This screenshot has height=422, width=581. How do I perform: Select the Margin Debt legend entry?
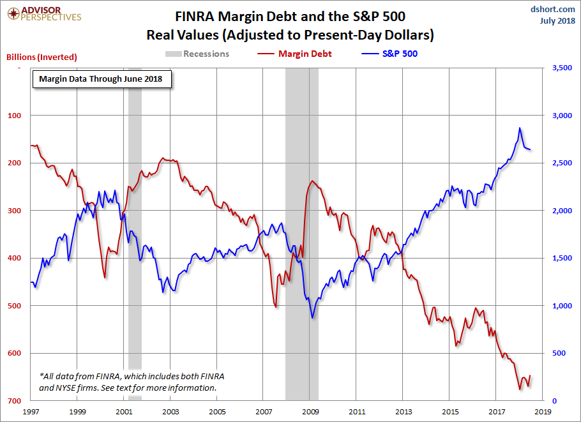point(296,54)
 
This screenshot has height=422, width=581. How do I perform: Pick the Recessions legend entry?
point(197,54)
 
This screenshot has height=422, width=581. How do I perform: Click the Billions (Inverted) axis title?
point(41,57)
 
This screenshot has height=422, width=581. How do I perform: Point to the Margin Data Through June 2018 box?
point(101,79)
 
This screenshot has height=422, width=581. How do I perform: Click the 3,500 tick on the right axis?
point(559,68)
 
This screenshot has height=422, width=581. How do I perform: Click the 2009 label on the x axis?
point(310,412)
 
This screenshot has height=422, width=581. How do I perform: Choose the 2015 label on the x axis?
point(450,412)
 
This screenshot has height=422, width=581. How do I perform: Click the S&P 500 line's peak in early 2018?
point(520,128)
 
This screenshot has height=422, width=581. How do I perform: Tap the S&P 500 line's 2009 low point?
point(312,318)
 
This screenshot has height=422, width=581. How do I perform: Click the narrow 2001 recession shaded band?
point(134,230)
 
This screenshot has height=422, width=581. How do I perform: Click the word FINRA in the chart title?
point(196,16)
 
